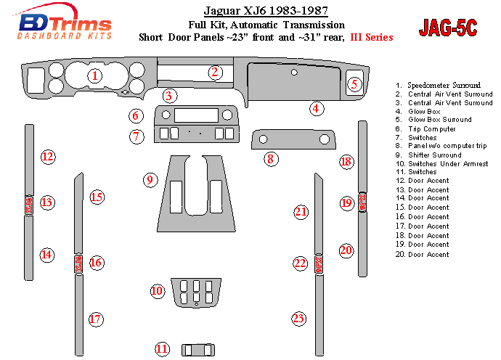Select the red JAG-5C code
tap(448, 28)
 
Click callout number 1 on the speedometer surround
tap(94, 75)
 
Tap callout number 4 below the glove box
tap(316, 109)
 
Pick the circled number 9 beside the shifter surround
tap(150, 179)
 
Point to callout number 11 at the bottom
tap(163, 349)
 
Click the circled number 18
tap(346, 161)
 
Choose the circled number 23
tap(298, 318)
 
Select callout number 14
tap(47, 254)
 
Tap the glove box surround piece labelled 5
tap(354, 85)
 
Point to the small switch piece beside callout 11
tap(195, 349)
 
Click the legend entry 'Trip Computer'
tap(431, 129)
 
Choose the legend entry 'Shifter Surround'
tap(436, 155)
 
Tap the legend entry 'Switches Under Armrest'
tap(447, 164)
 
